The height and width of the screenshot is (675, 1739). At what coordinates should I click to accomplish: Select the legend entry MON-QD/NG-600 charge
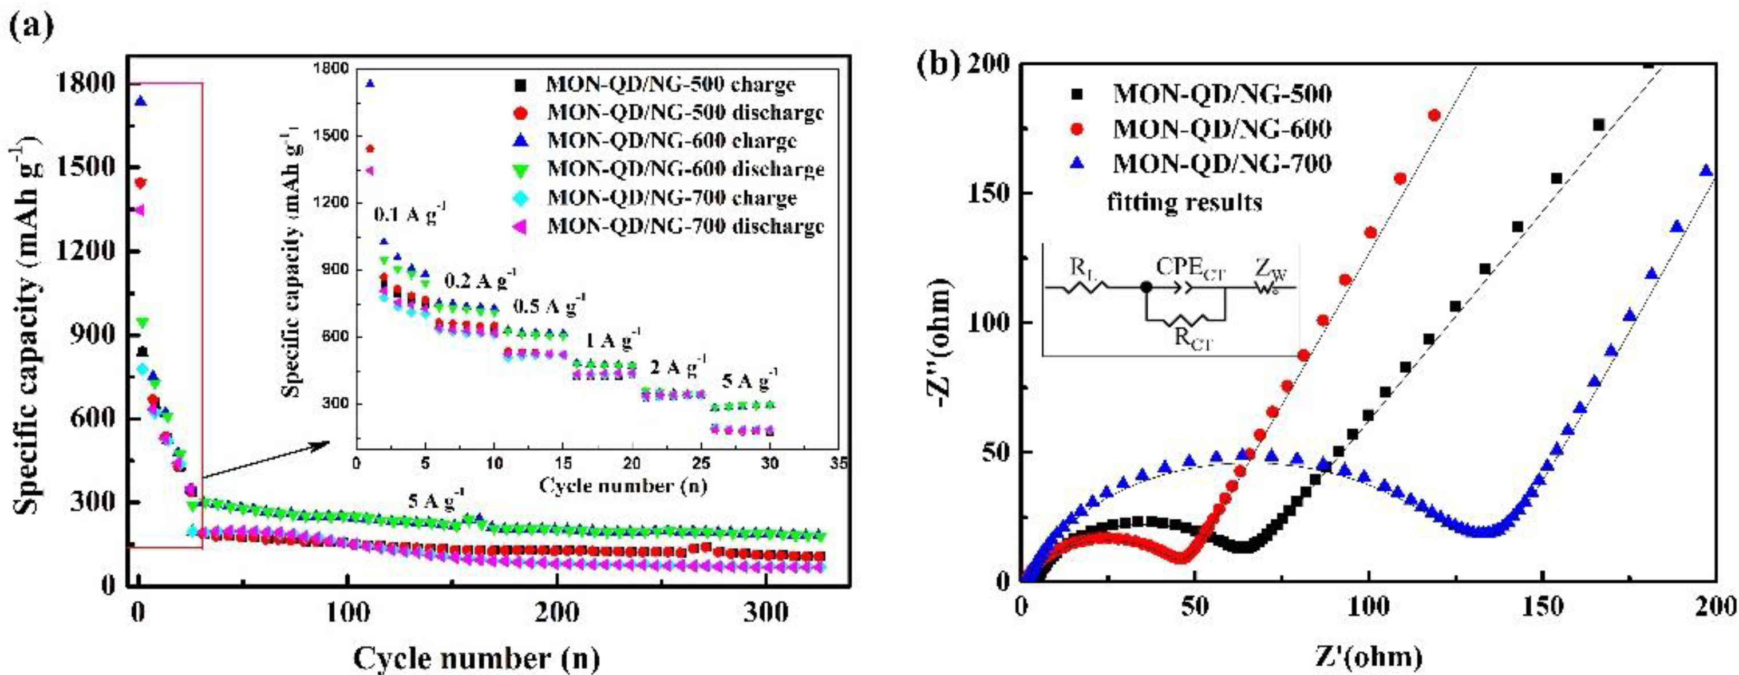(x=671, y=140)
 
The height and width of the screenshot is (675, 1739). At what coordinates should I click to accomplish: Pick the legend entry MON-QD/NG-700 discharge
(x=685, y=226)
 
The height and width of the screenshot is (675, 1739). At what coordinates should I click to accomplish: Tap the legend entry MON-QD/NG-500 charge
(x=670, y=84)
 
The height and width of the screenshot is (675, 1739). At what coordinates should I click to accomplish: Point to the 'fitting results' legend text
(x=1184, y=202)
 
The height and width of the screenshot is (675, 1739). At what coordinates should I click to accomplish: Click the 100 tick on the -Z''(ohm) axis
(x=989, y=323)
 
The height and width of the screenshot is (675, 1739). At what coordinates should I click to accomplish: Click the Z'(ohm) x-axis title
(x=1370, y=656)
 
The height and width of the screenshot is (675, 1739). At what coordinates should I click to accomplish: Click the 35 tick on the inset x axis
(x=839, y=464)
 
